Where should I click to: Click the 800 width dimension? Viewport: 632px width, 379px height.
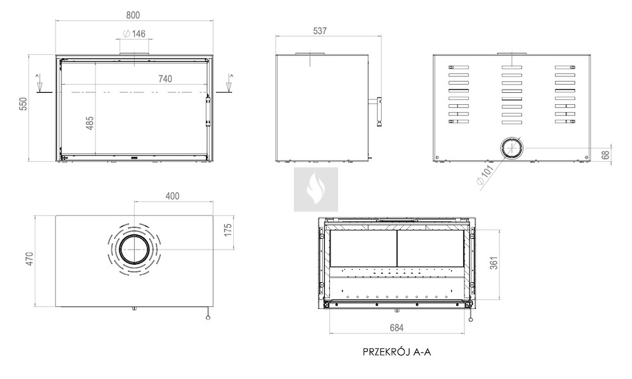point(133,15)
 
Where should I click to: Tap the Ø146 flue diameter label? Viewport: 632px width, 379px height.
point(134,34)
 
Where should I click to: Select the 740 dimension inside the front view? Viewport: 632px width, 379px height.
point(165,79)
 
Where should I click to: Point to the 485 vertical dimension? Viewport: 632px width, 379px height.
point(90,123)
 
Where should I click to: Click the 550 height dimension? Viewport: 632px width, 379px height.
point(23,104)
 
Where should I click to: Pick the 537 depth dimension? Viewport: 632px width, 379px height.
point(320,31)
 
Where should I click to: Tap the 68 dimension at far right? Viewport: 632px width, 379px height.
point(605,155)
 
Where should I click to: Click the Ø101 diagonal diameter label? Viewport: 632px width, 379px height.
point(485,175)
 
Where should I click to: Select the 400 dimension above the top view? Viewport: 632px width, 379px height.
point(173,196)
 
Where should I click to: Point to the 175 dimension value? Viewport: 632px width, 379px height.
point(228,231)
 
